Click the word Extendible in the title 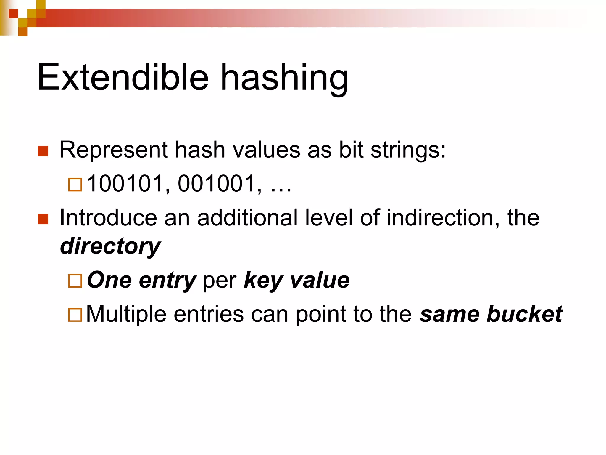point(123,78)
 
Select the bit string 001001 point(216,184)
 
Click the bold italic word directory point(110,246)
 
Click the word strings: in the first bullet point(408,150)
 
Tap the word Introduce point(108,218)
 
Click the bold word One point(109,280)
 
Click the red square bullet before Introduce point(43,219)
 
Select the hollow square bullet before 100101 point(75,185)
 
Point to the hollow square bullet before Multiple point(75,315)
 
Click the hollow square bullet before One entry point(75,281)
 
